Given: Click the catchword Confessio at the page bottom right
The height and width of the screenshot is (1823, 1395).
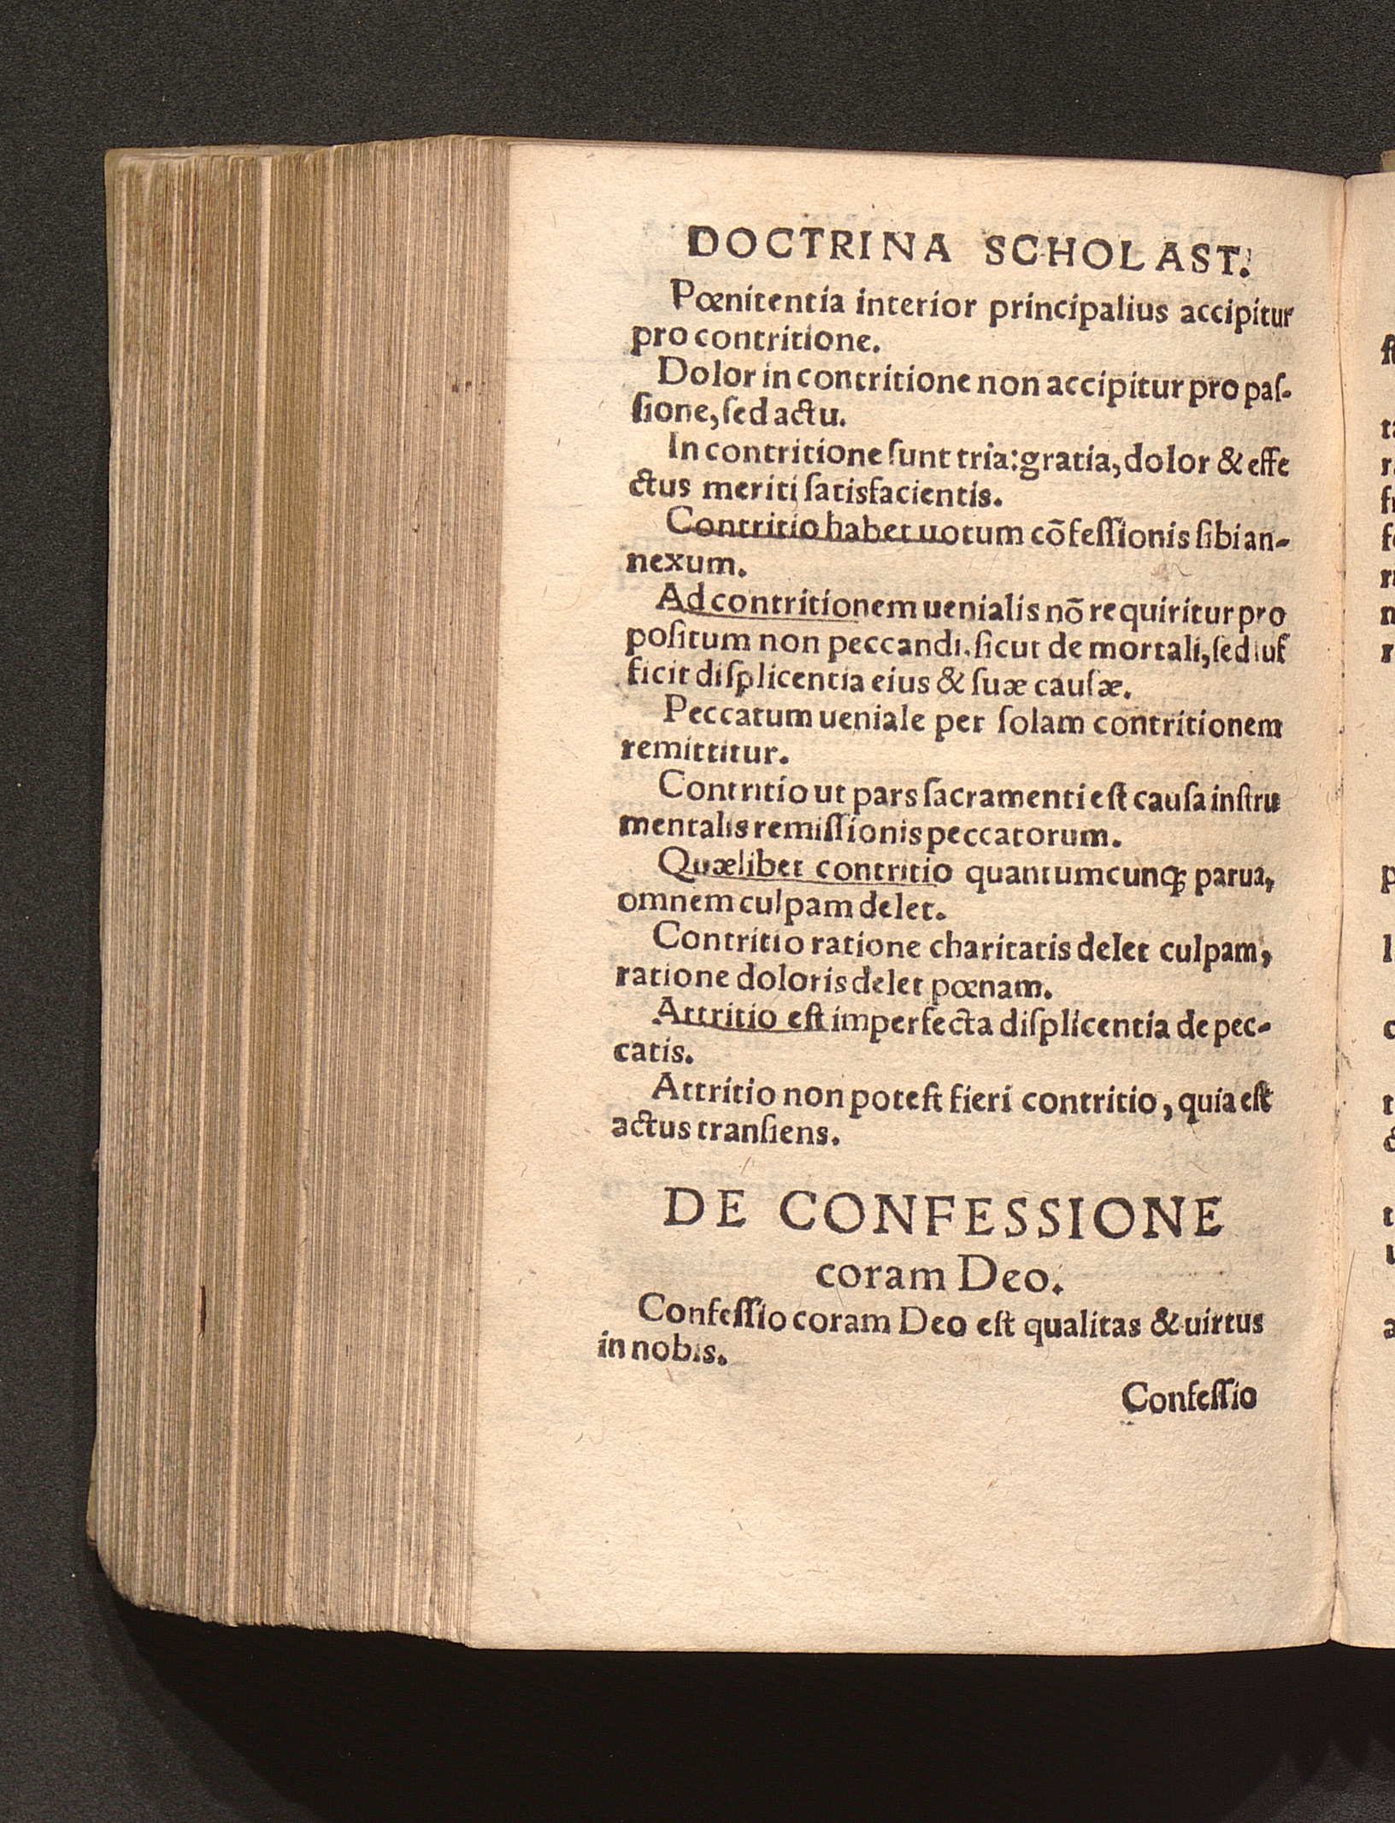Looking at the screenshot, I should [x=1189, y=1398].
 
